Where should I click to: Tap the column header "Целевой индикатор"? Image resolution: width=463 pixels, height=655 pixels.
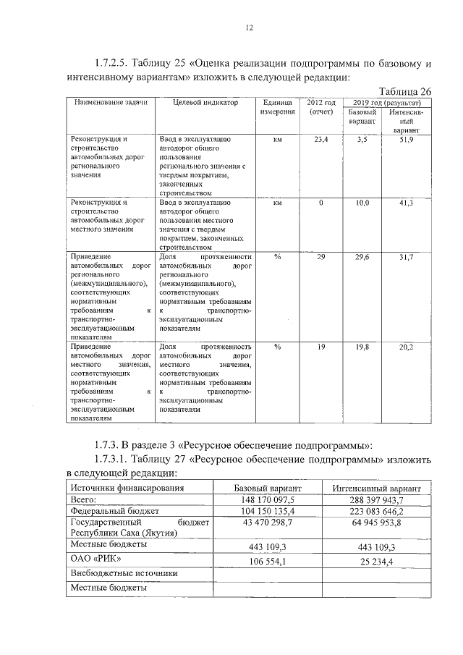205,103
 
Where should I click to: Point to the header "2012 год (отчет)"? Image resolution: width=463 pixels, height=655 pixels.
320,108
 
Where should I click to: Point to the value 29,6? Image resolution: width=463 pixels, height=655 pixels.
362,258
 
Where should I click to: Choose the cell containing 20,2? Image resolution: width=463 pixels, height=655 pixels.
406,347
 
